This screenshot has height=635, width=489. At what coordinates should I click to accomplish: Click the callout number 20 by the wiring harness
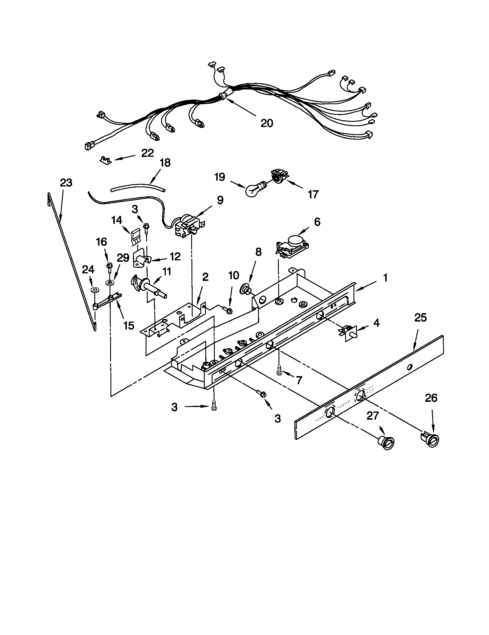267,123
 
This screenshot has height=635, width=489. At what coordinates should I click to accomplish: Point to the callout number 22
147,153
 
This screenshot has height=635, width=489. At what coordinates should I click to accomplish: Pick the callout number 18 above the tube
165,163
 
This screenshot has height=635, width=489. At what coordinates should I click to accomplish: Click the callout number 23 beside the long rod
66,183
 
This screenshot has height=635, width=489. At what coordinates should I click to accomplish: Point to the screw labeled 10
228,311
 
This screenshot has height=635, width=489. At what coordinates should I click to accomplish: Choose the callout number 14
116,220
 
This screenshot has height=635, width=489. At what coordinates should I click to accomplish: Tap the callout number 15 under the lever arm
129,326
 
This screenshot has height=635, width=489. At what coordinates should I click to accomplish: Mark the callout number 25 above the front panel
420,317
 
